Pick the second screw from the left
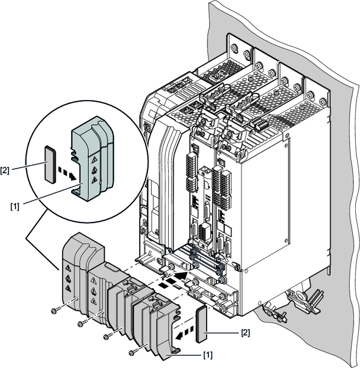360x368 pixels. pos(80,324)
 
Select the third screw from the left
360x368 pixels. pos(107,337)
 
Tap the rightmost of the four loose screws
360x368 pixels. pos(131,353)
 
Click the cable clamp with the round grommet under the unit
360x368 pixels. pos(298,296)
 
